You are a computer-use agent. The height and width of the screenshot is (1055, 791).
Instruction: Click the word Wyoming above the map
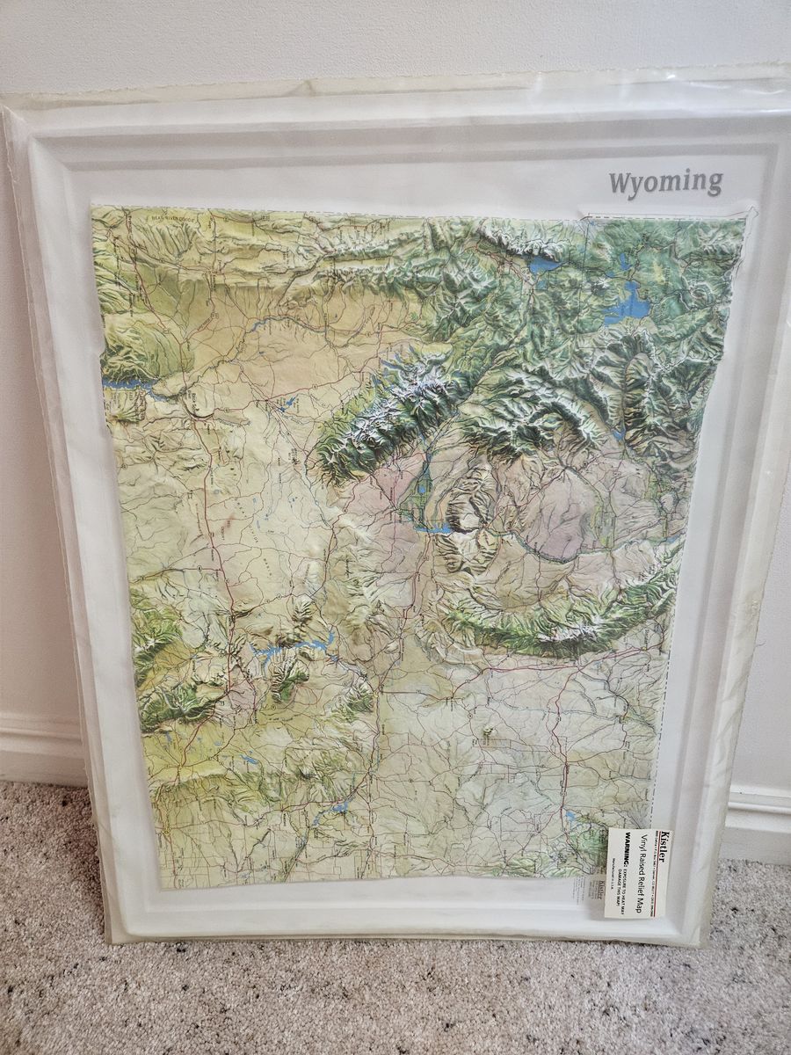click(665, 183)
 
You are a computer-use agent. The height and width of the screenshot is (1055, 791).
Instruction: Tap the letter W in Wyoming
click(620, 184)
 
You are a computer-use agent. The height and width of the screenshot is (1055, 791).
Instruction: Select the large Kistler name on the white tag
click(664, 848)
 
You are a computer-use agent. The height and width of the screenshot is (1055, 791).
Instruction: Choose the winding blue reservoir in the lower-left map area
click(290, 649)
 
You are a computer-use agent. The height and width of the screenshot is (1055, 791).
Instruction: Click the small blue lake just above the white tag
click(572, 817)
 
